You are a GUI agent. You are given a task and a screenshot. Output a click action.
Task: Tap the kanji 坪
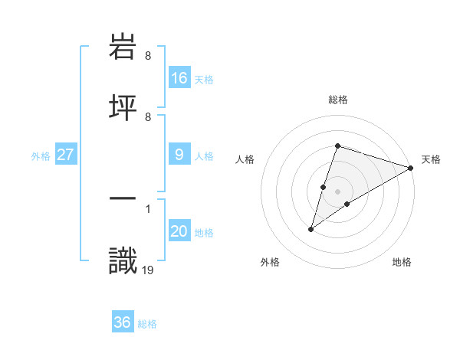coord(123,107)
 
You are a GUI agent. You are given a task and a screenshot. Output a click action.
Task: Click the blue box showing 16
coord(179,77)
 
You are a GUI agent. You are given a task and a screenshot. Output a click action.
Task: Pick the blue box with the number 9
coord(179,155)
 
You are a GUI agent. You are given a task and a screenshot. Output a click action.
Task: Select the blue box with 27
coord(66,155)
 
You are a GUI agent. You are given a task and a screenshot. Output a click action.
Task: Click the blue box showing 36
coord(123,322)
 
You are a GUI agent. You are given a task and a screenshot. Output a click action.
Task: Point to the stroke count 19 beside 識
coord(148,269)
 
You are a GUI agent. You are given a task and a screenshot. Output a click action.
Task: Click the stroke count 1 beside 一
coord(147,207)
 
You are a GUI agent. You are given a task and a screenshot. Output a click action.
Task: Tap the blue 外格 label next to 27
coord(41,155)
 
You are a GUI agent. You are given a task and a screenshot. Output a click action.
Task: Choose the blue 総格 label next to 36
coord(147,324)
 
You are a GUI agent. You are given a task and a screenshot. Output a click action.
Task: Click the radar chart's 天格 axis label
coord(431,159)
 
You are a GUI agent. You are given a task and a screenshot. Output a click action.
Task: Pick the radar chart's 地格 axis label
coord(402,263)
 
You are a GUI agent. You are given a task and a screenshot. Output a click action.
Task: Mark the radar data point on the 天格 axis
coord(411,168)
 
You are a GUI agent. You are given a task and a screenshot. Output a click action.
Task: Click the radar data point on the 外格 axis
coord(311,228)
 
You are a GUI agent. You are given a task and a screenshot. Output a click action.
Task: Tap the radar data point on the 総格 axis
coord(337,146)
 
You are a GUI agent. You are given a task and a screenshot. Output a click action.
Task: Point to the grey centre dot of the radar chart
coord(337,191)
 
